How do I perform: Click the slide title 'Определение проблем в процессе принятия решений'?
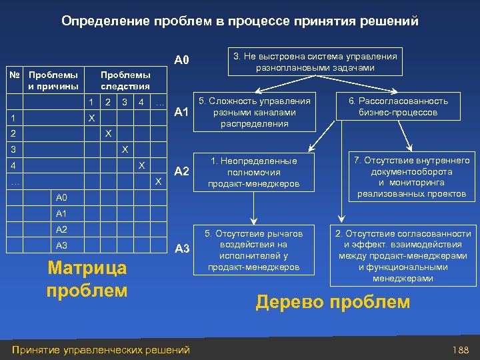240,21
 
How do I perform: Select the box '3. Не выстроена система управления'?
315,62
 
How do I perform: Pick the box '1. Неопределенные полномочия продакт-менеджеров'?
254,172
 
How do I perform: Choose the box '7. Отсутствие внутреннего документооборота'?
411,177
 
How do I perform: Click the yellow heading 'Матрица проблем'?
87,279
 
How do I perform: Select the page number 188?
460,349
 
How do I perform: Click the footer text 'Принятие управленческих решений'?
101,349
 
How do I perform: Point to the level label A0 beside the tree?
182,61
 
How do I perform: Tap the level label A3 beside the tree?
182,249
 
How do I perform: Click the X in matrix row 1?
92,118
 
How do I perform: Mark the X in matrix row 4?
141,165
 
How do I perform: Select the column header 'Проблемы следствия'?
125,81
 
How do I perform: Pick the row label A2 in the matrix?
62,229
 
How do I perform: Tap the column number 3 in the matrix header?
124,103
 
